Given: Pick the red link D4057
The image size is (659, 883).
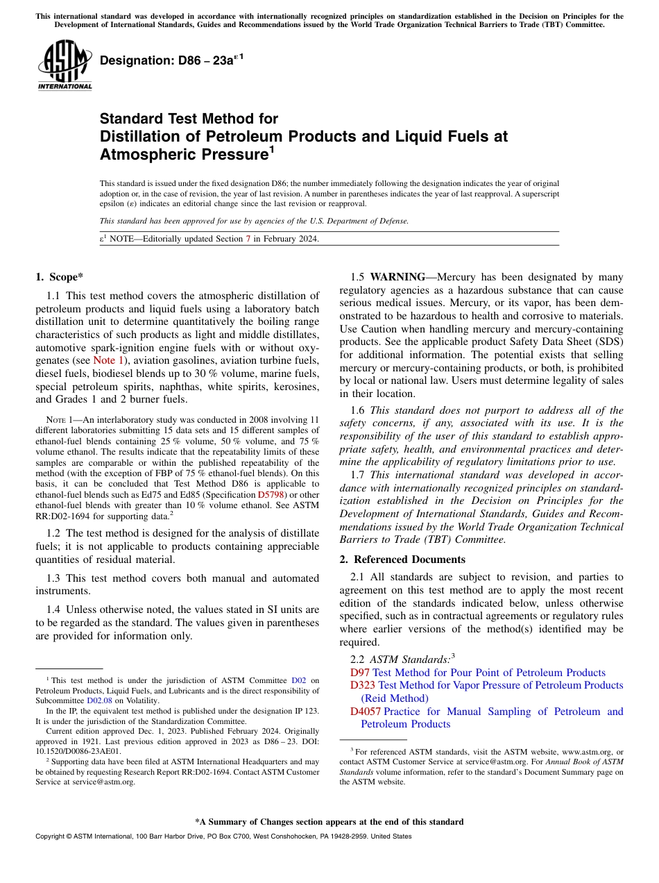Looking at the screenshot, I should tap(366, 712).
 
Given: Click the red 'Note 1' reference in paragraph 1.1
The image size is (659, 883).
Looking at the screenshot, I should tap(108, 360).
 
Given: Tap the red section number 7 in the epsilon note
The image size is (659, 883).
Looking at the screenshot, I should tap(248, 239).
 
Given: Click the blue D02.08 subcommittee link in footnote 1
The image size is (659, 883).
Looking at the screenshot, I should tap(99, 700).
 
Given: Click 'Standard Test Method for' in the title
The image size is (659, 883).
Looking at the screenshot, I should tap(189, 119).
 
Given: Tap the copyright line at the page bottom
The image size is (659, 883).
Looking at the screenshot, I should tap(223, 836).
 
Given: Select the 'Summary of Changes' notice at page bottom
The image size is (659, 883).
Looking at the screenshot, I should tap(329, 822).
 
